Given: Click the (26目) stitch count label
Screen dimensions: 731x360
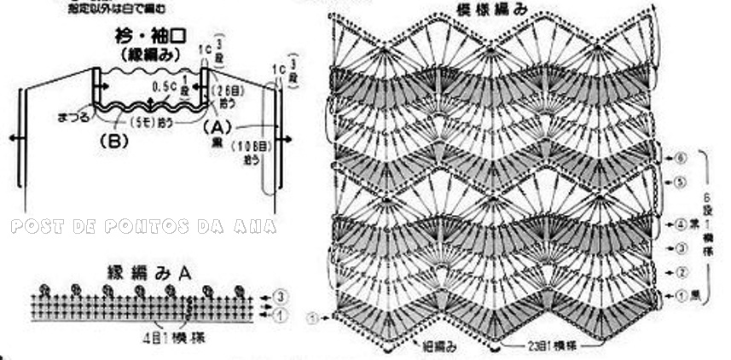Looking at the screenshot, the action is [x=228, y=90].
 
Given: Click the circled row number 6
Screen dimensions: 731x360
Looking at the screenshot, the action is [x=681, y=158].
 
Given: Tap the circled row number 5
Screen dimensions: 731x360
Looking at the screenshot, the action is [x=681, y=182].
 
